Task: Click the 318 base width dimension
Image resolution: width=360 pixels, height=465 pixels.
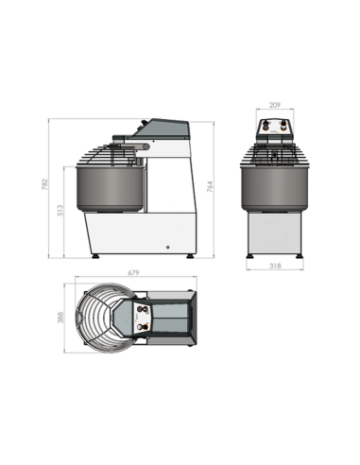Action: tap(274, 267)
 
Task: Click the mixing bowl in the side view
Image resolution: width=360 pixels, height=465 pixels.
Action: tap(110, 189)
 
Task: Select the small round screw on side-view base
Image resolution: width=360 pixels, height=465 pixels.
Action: tap(166, 246)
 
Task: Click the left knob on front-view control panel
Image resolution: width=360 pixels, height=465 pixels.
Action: tap(266, 125)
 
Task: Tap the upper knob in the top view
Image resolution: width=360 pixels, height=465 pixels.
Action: tap(143, 309)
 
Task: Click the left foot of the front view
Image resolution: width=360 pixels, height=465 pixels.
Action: tap(249, 256)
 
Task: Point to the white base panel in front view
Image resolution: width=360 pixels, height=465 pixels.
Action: tap(273, 232)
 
